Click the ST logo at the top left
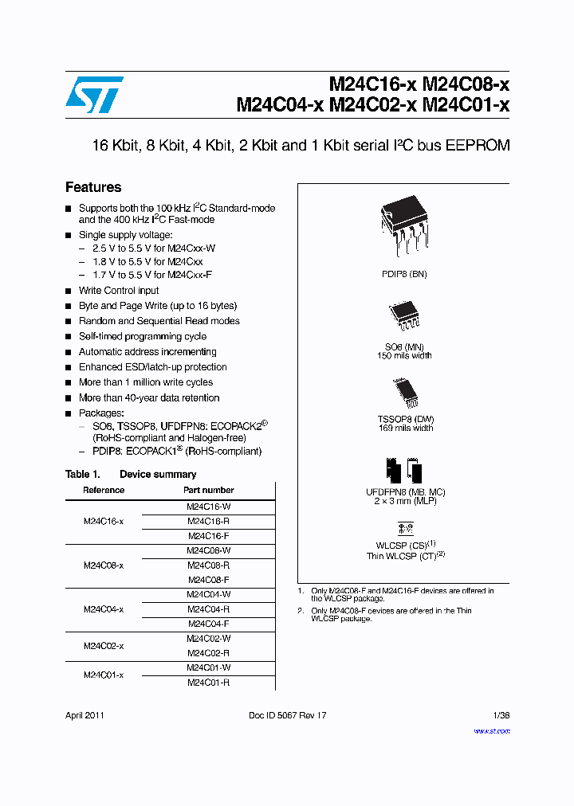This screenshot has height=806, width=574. click(x=94, y=95)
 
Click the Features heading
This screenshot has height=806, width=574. click(x=93, y=187)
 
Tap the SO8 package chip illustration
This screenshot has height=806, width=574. click(x=403, y=316)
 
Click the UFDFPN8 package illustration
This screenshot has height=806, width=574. click(x=404, y=470)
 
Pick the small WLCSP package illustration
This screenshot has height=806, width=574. click(x=405, y=527)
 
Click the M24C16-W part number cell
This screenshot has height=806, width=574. click(x=208, y=507)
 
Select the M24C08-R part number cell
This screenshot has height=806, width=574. click(x=208, y=565)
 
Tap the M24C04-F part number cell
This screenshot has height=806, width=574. click(x=208, y=624)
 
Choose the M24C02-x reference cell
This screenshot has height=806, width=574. click(x=104, y=646)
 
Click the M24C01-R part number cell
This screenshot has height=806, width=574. click(x=208, y=683)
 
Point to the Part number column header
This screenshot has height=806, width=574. click(x=208, y=491)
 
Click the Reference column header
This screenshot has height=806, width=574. click(x=104, y=491)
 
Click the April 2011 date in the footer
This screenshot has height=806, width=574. click(x=85, y=715)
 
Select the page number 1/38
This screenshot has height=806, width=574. click(x=501, y=715)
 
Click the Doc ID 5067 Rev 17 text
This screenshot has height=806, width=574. click(x=288, y=715)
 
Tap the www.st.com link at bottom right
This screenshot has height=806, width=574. click(x=492, y=730)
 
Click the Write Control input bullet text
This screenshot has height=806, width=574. click(x=119, y=291)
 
